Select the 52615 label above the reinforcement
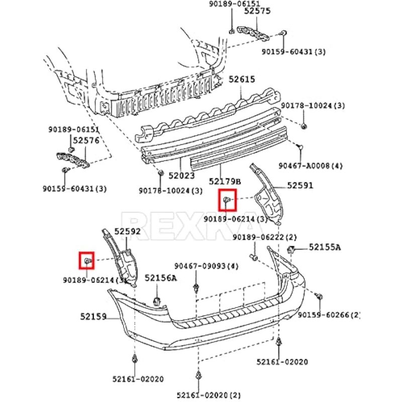click(x=242, y=79)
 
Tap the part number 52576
click(x=86, y=141)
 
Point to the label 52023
click(x=181, y=176)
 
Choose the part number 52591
click(x=300, y=185)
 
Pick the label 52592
click(x=127, y=232)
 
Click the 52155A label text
click(x=325, y=247)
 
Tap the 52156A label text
click(x=161, y=278)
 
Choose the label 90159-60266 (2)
click(x=329, y=315)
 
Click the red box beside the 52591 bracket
click(x=227, y=200)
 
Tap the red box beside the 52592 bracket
click(x=87, y=260)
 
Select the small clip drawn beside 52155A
click(x=290, y=249)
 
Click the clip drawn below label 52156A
click(x=157, y=300)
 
